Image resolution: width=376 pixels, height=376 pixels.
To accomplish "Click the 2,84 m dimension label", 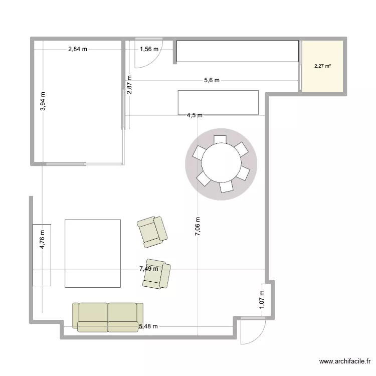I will tap(78, 49).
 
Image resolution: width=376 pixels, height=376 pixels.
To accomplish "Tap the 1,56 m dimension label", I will tap(149, 49).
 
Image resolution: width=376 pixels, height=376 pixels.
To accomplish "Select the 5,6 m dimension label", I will tap(211, 80).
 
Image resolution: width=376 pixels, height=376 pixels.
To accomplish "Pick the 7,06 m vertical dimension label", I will tap(198, 229).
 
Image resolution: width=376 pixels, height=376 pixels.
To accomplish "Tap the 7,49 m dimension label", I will tap(149, 269).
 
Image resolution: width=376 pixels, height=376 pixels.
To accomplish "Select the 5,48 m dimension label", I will tap(148, 326).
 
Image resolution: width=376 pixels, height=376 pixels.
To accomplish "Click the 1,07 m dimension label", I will tap(261, 302).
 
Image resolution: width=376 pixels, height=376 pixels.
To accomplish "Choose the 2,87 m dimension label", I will tap(129, 85).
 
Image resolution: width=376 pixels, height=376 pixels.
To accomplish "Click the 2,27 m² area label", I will tap(322, 66).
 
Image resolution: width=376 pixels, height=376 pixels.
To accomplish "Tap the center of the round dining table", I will tap(221, 164).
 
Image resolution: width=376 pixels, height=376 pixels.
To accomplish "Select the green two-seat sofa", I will tap(107, 317).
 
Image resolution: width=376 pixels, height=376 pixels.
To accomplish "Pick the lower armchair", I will tap(156, 274).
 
